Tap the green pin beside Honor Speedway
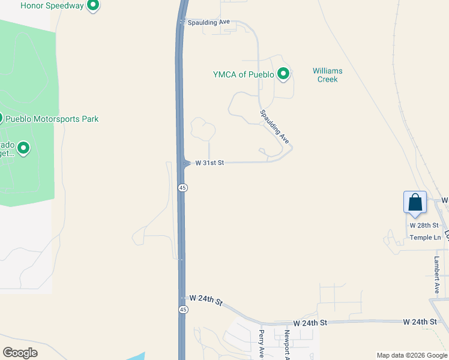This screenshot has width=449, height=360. [x=93, y=6]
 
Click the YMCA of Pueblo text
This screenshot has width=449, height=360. [x=243, y=75]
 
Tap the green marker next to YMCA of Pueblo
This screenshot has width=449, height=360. [x=283, y=74]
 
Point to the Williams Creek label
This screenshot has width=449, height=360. [x=327, y=75]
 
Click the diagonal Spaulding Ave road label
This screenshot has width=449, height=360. [x=274, y=127]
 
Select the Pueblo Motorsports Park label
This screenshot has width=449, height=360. [x=52, y=119]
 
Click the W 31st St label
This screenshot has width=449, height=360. [x=208, y=163]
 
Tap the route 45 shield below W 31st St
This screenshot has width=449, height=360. [x=183, y=188]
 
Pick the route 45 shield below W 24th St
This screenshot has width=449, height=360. [x=183, y=309]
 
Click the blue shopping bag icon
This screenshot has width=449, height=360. [x=415, y=202]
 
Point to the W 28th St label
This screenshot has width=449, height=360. [x=421, y=225]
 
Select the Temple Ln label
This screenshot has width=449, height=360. [x=425, y=238]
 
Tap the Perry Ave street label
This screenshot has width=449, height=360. [x=262, y=343]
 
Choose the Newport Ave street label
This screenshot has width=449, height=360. [x=288, y=345]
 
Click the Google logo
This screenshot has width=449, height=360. [x=20, y=353]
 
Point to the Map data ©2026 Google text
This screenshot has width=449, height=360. [x=412, y=355]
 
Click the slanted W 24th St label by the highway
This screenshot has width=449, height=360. [x=206, y=300]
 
